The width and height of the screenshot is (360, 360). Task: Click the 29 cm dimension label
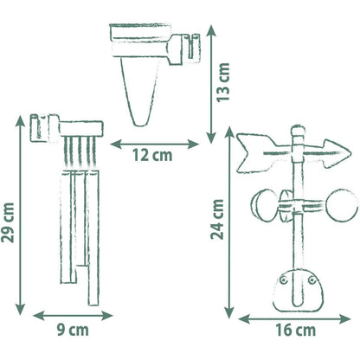tap(8, 222)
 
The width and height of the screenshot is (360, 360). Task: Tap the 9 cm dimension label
tap(73, 330)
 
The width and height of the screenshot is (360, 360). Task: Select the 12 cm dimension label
tap(152, 155)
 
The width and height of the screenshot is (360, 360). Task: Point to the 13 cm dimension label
tap(223, 82)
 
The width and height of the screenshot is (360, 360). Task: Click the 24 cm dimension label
tap(217, 219)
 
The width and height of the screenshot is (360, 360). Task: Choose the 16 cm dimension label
tap(296, 330)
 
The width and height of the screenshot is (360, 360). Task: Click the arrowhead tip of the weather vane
tap(350, 152)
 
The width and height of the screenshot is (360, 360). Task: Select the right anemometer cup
tap(342, 205)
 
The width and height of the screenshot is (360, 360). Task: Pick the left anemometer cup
tap(263, 205)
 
